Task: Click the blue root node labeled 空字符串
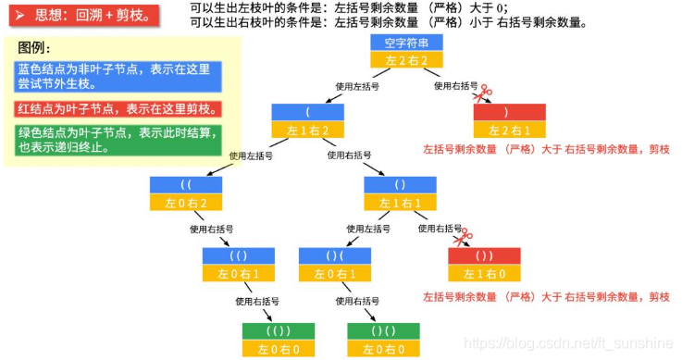pos(407,43)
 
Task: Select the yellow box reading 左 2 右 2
pos(407,60)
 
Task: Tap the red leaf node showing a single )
pos(508,112)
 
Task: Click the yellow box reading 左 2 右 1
pos(508,130)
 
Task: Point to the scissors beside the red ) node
pos(480,93)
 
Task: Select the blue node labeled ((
pos(185,184)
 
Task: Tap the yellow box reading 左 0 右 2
pos(185,203)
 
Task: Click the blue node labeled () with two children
pos(400,184)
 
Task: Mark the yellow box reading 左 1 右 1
pos(400,203)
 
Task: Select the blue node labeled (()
pos(239,255)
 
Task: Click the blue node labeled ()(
pos(334,255)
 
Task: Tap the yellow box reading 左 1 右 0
pos(484,274)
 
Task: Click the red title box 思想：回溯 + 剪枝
pos(79,16)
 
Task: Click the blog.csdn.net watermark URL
pos(566,343)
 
